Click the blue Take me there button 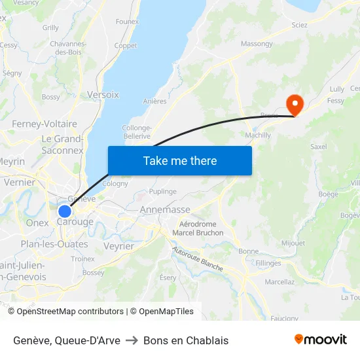(180, 160)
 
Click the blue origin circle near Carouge (65, 211)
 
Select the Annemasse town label (165, 210)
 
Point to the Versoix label (103, 95)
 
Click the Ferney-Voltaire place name (44, 124)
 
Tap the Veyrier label (118, 246)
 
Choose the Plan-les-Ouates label (54, 244)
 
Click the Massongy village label (257, 44)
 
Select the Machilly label (257, 135)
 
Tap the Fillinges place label (268, 263)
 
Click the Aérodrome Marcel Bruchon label (197, 228)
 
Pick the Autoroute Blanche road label (197, 259)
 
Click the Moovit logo (321, 339)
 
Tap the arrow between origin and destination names (132, 340)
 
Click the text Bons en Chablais (186, 340)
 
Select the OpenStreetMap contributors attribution (70, 312)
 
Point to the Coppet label (126, 46)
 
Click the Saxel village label (318, 147)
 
